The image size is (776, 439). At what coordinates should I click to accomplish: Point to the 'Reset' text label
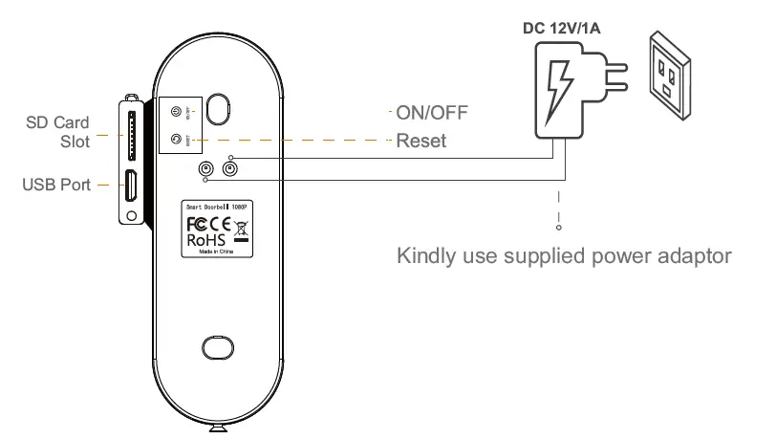tap(420, 141)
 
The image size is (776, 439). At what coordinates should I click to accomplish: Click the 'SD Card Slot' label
tap(57, 132)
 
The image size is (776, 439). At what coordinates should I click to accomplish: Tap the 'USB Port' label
tap(55, 184)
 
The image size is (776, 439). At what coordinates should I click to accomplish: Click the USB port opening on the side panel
tap(128, 186)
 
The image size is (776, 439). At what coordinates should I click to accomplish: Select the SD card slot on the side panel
tap(130, 133)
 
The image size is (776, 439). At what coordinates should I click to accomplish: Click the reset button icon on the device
tap(176, 139)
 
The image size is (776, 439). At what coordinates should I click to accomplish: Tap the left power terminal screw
tap(205, 170)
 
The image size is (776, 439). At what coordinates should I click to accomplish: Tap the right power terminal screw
tap(229, 170)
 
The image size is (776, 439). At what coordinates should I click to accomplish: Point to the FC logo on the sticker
tap(196, 224)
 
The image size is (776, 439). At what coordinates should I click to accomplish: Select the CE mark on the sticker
tap(219, 224)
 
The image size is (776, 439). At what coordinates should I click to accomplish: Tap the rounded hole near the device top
tap(219, 109)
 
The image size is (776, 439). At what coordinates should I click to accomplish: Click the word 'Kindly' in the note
tap(423, 256)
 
